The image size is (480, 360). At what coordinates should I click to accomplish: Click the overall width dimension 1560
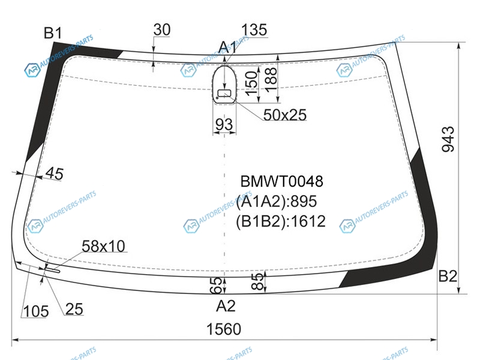(x=223, y=329)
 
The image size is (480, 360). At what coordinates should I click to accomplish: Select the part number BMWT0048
(x=281, y=182)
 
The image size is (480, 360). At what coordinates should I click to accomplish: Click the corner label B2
(x=448, y=277)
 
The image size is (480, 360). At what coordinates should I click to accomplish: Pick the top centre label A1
(x=227, y=47)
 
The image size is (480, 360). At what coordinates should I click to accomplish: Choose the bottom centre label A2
(x=226, y=307)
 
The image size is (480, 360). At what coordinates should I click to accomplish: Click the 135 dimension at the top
(x=254, y=31)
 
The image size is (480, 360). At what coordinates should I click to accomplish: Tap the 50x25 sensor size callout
(x=284, y=115)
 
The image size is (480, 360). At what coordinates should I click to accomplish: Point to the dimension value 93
(x=223, y=125)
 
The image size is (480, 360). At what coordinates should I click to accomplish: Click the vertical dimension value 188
(x=271, y=79)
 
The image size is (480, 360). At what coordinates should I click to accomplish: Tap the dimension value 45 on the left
(x=54, y=174)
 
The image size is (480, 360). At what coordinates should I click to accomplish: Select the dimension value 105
(x=36, y=310)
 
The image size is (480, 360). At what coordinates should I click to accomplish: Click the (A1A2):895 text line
(x=275, y=202)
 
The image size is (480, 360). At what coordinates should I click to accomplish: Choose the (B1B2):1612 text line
(x=281, y=221)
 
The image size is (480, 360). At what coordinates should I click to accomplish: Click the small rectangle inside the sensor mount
(x=226, y=93)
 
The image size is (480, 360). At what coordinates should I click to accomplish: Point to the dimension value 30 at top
(x=162, y=29)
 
